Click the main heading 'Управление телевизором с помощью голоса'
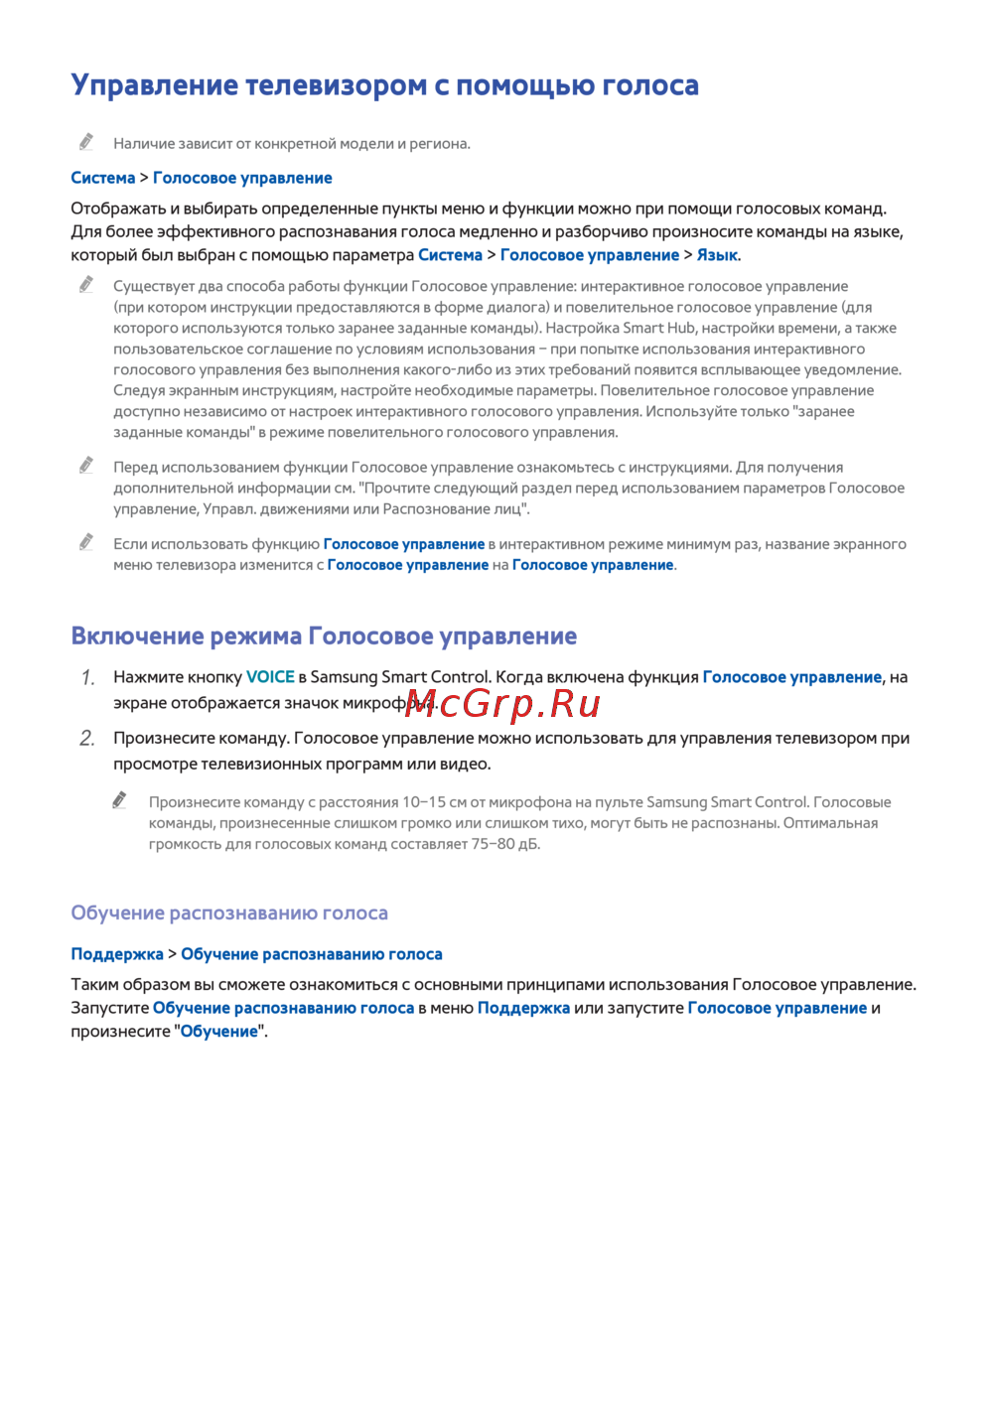pyautogui.click(x=384, y=85)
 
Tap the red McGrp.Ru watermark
pyautogui.click(x=502, y=704)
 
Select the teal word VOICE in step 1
pyautogui.click(x=270, y=677)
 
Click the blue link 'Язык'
pyautogui.click(x=717, y=255)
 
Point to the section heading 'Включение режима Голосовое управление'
pyautogui.click(x=324, y=636)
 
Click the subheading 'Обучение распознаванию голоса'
pyautogui.click(x=229, y=913)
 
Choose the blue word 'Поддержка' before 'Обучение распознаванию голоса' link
pyautogui.click(x=117, y=954)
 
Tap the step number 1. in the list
pyautogui.click(x=87, y=678)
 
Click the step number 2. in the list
pyautogui.click(x=87, y=739)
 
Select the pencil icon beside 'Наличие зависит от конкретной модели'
pyautogui.click(x=87, y=142)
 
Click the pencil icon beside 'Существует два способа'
pyautogui.click(x=87, y=285)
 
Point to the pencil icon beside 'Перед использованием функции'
pyautogui.click(x=87, y=466)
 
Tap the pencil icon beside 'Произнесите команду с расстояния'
pyautogui.click(x=120, y=800)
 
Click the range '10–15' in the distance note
pyautogui.click(x=424, y=802)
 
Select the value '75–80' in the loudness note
pyautogui.click(x=493, y=844)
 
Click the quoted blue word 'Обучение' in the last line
pyautogui.click(x=219, y=1032)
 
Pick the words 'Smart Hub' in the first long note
pyautogui.click(x=659, y=328)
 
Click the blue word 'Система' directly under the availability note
pyautogui.click(x=103, y=178)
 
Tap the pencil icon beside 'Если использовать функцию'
pyautogui.click(x=87, y=542)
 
